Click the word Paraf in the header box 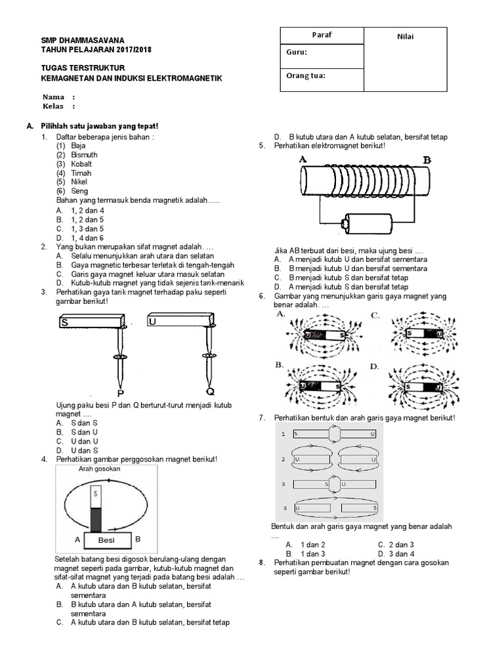(321, 35)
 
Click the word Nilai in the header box (405, 37)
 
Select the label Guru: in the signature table (297, 52)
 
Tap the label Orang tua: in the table (306, 75)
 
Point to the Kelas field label (54, 106)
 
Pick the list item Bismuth (84, 155)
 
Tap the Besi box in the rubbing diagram (106, 539)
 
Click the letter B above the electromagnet (427, 159)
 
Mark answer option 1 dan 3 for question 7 (312, 554)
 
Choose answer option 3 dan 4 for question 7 (401, 554)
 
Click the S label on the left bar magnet (64, 322)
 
